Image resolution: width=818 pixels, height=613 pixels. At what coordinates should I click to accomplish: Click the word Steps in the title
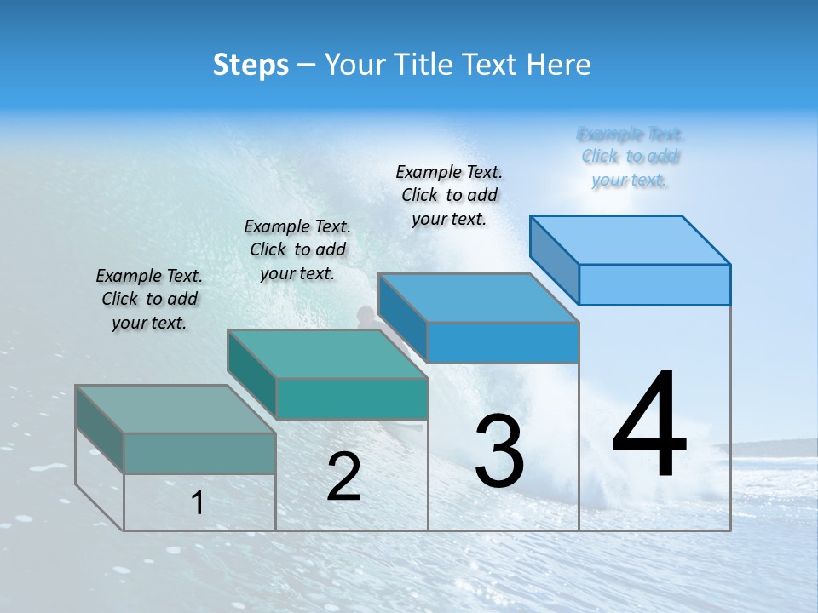pyautogui.click(x=251, y=65)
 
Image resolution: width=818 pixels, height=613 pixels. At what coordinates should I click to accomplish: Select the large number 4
pyautogui.click(x=649, y=426)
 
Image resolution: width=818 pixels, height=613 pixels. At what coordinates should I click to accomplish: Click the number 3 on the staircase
pyautogui.click(x=499, y=451)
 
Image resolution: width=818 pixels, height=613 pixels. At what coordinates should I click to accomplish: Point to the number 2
pyautogui.click(x=343, y=477)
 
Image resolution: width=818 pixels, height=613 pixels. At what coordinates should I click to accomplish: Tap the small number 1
pyautogui.click(x=197, y=503)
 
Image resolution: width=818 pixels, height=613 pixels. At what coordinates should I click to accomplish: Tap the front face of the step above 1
pyautogui.click(x=199, y=453)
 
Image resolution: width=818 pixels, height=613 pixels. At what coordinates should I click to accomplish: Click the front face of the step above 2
pyautogui.click(x=352, y=398)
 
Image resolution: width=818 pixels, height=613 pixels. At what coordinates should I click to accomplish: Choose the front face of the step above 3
pyautogui.click(x=503, y=342)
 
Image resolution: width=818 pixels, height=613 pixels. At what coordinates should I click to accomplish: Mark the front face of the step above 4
pyautogui.click(x=654, y=284)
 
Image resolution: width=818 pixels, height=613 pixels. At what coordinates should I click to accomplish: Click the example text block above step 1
pyautogui.click(x=149, y=300)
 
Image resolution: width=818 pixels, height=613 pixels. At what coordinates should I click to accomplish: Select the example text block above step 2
pyautogui.click(x=297, y=250)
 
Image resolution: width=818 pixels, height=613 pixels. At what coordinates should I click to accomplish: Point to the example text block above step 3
pyautogui.click(x=449, y=196)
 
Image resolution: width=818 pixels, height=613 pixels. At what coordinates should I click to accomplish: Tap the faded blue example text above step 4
pyautogui.click(x=631, y=157)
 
